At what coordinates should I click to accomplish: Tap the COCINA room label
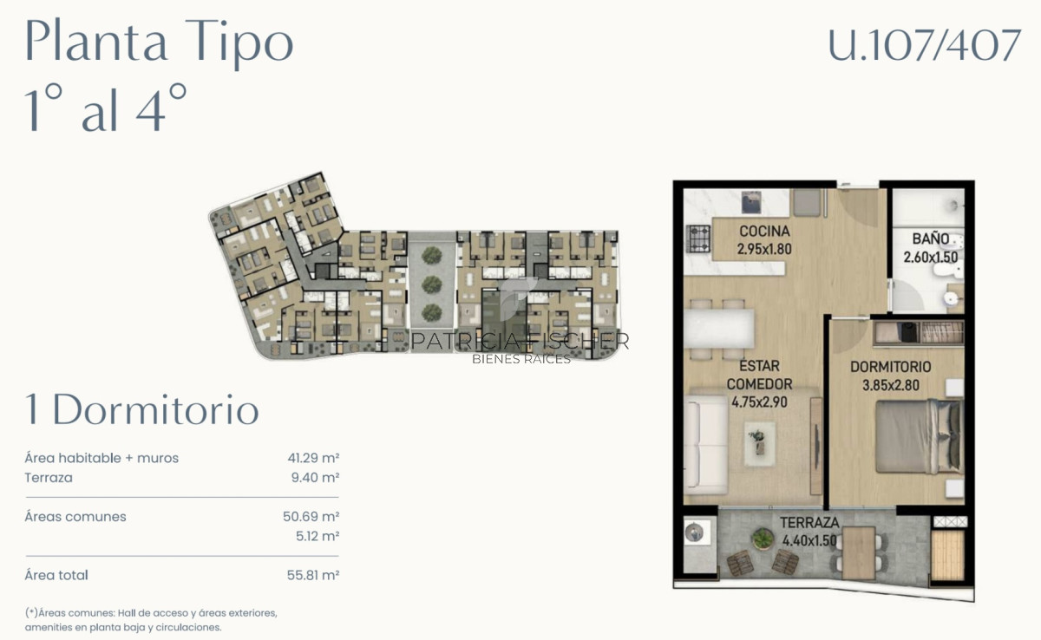pyautogui.click(x=764, y=232)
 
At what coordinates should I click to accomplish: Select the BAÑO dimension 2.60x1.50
pyautogui.click(x=929, y=258)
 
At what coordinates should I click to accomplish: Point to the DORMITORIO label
pyautogui.click(x=890, y=367)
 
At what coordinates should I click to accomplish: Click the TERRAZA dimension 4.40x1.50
pyautogui.click(x=809, y=539)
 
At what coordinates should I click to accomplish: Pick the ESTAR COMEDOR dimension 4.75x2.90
pyautogui.click(x=759, y=402)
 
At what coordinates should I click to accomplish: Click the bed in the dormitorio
pyautogui.click(x=917, y=436)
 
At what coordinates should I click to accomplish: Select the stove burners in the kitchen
pyautogui.click(x=697, y=236)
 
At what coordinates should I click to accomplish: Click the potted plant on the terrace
pyautogui.click(x=763, y=539)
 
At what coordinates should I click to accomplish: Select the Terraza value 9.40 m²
pyautogui.click(x=316, y=478)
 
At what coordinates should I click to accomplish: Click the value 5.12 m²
pyautogui.click(x=317, y=537)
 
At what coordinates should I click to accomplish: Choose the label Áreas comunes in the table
pyautogui.click(x=75, y=517)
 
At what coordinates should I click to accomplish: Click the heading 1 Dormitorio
pyautogui.click(x=142, y=410)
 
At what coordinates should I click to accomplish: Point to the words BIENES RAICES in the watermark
pyautogui.click(x=520, y=359)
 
